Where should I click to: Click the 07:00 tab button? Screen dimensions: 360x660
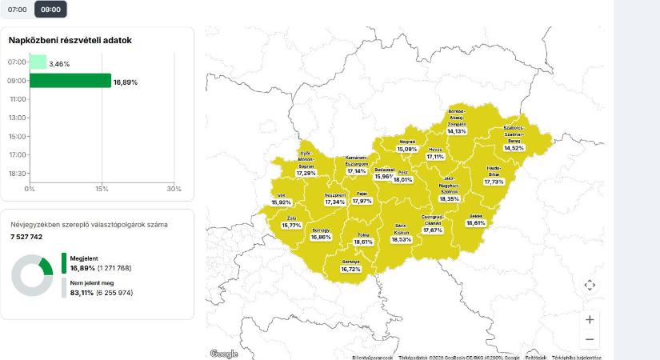[x=18, y=10]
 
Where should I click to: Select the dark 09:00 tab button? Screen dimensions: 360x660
[x=50, y=10]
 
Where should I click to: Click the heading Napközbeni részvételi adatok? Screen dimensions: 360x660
[x=70, y=40]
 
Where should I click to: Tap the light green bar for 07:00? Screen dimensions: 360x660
[x=38, y=62]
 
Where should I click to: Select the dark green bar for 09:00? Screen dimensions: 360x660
[x=70, y=81]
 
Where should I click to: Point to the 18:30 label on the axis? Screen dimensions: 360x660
[x=17, y=174]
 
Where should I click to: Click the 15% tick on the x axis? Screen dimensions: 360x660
[x=102, y=189]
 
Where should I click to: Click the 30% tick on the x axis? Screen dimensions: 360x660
[x=174, y=189]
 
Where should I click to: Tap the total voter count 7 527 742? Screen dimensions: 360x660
[x=26, y=237]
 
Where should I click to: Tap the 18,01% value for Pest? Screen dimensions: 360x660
[x=403, y=180]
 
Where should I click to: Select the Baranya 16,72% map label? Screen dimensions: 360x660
[x=350, y=270]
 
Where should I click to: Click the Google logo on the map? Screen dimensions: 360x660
[x=224, y=354]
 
